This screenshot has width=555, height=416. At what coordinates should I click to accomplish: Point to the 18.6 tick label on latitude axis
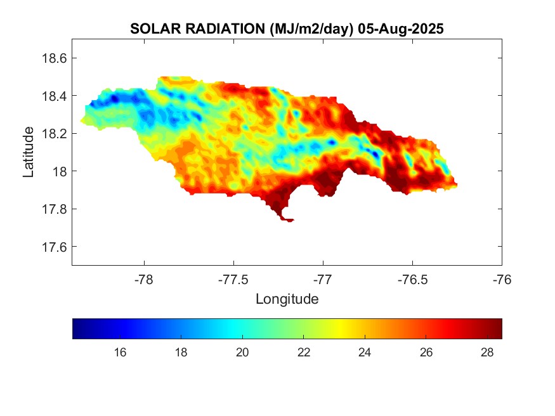coord(54,58)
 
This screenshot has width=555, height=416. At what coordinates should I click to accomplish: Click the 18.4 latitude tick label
coord(54,96)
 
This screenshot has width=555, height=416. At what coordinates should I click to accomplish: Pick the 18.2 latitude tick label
coord(54,134)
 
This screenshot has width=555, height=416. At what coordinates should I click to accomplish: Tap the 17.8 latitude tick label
coord(54,209)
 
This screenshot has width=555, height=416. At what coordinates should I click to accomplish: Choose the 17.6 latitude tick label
coord(54,247)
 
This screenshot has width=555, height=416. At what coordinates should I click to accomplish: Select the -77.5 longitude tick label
coord(234,278)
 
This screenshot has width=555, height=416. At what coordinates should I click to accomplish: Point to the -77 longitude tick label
coord(323,278)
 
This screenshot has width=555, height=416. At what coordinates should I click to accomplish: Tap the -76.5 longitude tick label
coord(413,278)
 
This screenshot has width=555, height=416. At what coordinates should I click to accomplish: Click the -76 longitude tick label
coord(502,278)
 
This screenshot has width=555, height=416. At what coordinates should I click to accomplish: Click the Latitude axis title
coord(29,152)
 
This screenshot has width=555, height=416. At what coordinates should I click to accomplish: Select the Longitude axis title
coord(287,299)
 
